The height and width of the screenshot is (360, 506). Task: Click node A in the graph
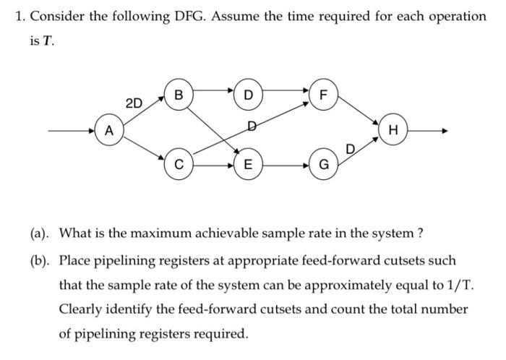(x=108, y=131)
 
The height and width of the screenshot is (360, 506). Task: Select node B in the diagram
(x=178, y=94)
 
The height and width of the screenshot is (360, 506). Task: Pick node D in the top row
(x=249, y=94)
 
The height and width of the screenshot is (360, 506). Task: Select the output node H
(x=393, y=131)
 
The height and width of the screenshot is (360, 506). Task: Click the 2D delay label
(x=134, y=103)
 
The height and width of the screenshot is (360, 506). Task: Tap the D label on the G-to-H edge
(x=351, y=150)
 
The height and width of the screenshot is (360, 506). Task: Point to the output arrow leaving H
(x=430, y=131)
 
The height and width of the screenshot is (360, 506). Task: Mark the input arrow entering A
(x=72, y=131)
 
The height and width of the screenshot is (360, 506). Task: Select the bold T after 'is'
(x=48, y=40)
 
